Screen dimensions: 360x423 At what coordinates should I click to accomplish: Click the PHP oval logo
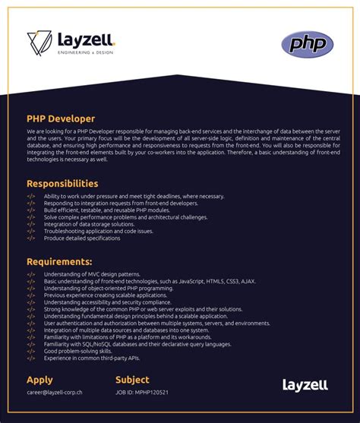point(307,44)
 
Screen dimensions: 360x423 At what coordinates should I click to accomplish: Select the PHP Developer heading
point(61,118)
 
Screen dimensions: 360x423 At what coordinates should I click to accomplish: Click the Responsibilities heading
point(62,184)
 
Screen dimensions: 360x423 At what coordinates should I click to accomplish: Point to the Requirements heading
point(59,262)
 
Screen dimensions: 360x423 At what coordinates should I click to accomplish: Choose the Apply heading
point(39,380)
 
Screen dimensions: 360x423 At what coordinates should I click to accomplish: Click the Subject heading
point(133,380)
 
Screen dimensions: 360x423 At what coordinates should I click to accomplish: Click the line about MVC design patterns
point(92,274)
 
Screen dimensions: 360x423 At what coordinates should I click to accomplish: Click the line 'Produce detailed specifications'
point(82,238)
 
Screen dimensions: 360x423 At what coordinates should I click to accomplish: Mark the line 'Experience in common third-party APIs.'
point(93,358)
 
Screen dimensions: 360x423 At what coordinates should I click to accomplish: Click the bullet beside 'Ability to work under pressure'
point(30,196)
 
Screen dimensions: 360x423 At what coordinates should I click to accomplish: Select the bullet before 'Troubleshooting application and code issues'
point(30,231)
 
